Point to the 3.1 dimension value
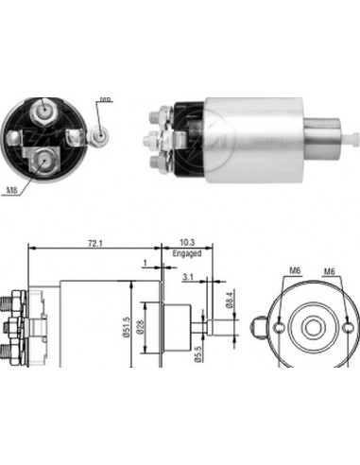[188, 276]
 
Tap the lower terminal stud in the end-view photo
[43, 161]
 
